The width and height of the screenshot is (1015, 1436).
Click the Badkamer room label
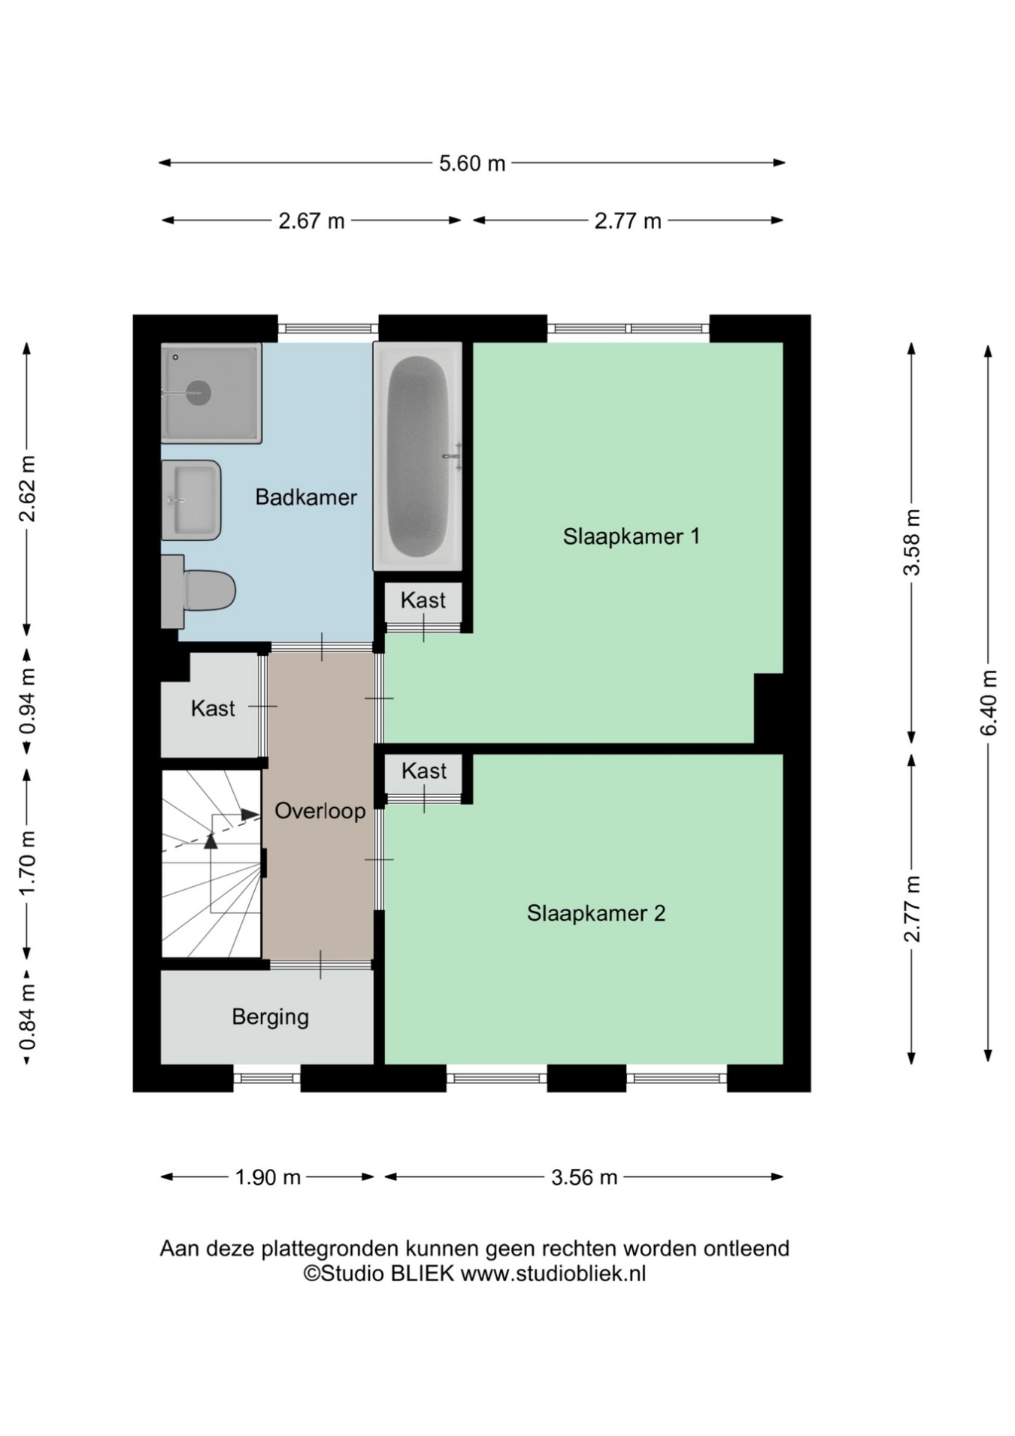pyautogui.click(x=305, y=497)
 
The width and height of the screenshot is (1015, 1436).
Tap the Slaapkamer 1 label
pyautogui.click(x=631, y=536)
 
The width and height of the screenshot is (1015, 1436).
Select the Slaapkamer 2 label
pyautogui.click(x=595, y=913)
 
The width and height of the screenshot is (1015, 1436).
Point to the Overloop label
pyautogui.click(x=320, y=811)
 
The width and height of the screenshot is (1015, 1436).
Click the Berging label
pyautogui.click(x=270, y=1018)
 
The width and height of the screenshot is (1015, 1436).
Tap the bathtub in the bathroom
pyautogui.click(x=417, y=456)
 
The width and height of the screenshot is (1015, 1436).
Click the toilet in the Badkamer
pyautogui.click(x=198, y=591)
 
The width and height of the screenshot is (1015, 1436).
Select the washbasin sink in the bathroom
pyautogui.click(x=191, y=500)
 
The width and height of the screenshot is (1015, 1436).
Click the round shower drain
pyautogui.click(x=198, y=393)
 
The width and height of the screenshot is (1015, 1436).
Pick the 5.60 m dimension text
pyautogui.click(x=472, y=163)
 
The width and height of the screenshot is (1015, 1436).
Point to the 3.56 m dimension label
pyautogui.click(x=583, y=1177)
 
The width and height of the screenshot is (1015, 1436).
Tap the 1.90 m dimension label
pyautogui.click(x=268, y=1177)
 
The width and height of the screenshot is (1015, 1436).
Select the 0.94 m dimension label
pyautogui.click(x=27, y=702)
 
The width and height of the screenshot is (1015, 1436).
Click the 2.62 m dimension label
pyautogui.click(x=27, y=488)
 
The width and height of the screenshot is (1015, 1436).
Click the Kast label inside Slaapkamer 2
pyautogui.click(x=424, y=771)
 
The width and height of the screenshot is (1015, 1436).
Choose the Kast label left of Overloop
pyautogui.click(x=213, y=709)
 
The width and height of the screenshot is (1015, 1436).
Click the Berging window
pyautogui.click(x=267, y=1078)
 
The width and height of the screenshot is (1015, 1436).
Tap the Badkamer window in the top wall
pyautogui.click(x=328, y=329)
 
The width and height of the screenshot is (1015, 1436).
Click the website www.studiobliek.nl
pyautogui.click(x=553, y=1274)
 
